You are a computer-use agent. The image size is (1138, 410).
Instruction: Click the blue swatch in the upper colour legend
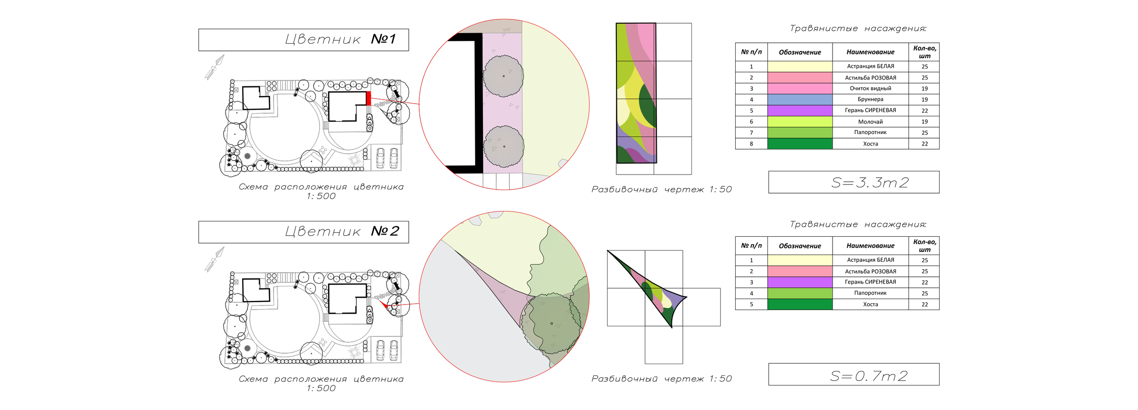tap(800, 100)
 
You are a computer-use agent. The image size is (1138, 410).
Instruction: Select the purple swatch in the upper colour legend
tap(800, 110)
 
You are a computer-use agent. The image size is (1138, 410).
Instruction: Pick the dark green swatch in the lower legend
tap(800, 304)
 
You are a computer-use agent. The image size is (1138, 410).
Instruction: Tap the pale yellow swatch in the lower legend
tap(800, 260)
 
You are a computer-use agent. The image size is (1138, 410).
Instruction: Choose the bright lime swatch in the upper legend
tap(800, 121)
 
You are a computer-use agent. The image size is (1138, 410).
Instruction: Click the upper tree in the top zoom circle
tap(503, 76)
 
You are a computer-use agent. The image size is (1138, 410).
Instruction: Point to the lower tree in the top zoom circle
tap(503, 146)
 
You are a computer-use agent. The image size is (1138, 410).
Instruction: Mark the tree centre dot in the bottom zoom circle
tap(552, 323)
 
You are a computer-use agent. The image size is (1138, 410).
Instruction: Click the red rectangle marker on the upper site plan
tap(369, 98)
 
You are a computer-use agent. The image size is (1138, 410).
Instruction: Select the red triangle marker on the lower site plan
tap(381, 304)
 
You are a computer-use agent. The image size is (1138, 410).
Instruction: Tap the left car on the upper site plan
tap(380, 158)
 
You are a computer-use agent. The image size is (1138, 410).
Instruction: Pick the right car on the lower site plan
tap(394, 350)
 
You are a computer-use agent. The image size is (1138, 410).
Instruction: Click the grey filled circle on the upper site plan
tap(247, 156)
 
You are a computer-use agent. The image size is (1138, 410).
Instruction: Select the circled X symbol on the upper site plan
tap(397, 83)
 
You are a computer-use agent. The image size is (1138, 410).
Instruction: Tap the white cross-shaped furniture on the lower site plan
tap(323, 342)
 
